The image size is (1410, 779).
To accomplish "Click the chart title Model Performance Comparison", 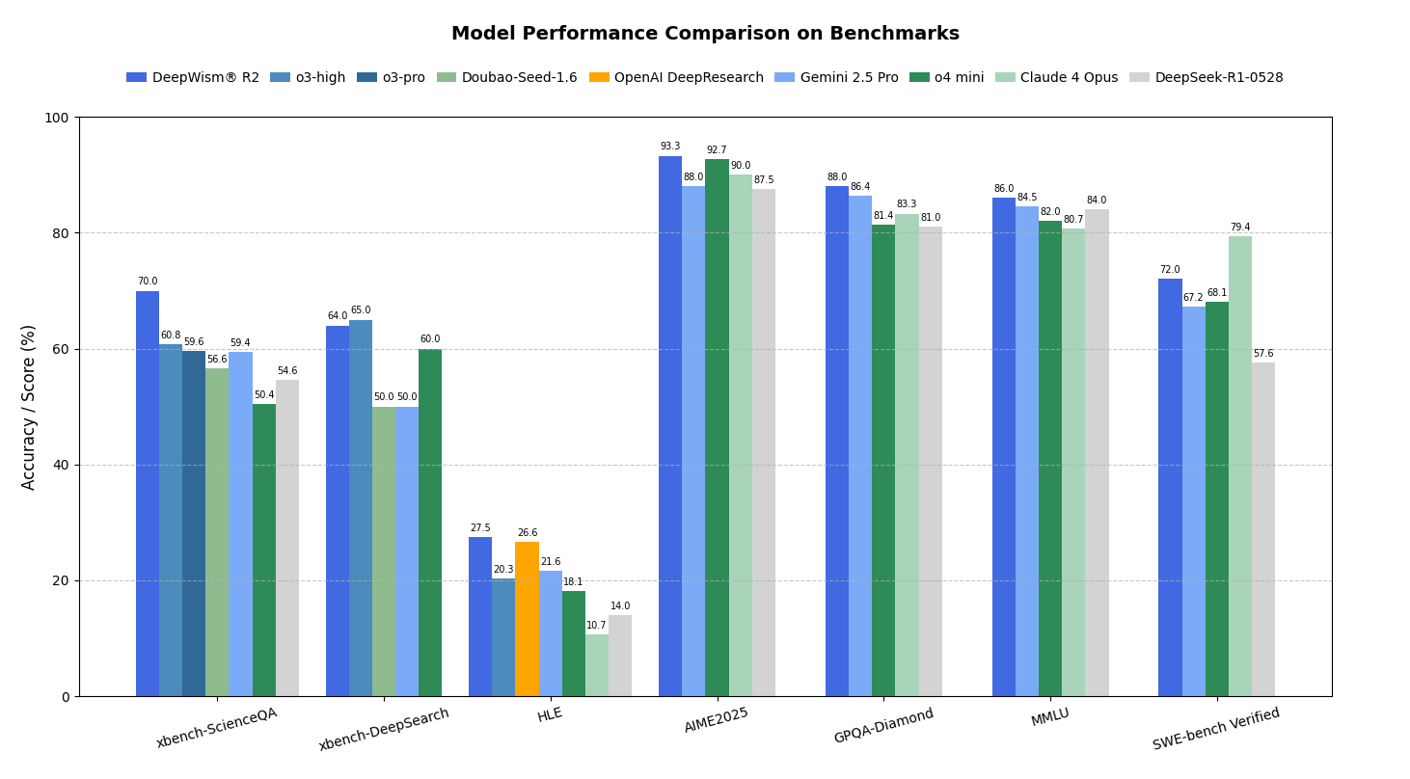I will [705, 34].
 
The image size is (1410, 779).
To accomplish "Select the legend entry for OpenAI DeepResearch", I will [689, 78].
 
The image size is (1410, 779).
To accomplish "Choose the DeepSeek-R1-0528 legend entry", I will [1218, 78].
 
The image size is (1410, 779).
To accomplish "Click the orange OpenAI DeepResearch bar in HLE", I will [527, 619].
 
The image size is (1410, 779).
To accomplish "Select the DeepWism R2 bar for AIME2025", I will [670, 426].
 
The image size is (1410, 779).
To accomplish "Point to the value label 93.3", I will [670, 147].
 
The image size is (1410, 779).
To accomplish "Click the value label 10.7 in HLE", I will [597, 626].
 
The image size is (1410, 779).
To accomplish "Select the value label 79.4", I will [1240, 228].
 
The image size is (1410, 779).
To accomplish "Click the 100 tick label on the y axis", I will [56, 118].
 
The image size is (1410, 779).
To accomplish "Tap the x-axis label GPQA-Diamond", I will [883, 726].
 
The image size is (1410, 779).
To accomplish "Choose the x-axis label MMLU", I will [1050, 717].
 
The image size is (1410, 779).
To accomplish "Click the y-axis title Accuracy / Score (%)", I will [29, 407].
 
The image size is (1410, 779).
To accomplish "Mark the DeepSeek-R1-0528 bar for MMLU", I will [1097, 453].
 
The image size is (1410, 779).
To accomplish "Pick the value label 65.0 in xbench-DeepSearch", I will [361, 310].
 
